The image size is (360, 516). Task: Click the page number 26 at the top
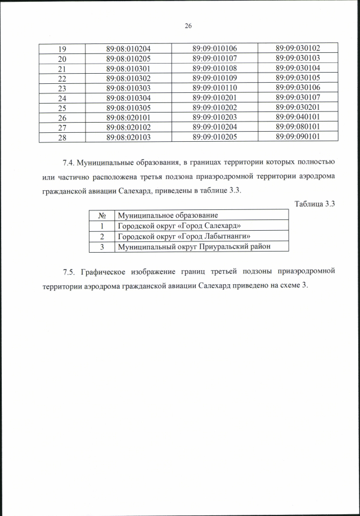(188, 26)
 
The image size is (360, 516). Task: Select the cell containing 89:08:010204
(128, 48)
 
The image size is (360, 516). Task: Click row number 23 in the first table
(62, 88)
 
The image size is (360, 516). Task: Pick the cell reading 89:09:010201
(214, 98)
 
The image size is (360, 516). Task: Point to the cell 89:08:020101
(128, 117)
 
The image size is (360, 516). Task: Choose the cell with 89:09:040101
(298, 116)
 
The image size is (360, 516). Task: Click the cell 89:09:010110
(214, 88)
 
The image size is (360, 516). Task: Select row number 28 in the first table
(62, 136)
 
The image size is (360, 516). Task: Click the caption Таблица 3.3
(315, 204)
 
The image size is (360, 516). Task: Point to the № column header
(102, 215)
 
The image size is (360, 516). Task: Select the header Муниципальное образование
(167, 215)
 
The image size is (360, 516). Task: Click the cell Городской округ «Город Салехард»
(175, 225)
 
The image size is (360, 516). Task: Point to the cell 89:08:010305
(128, 107)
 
